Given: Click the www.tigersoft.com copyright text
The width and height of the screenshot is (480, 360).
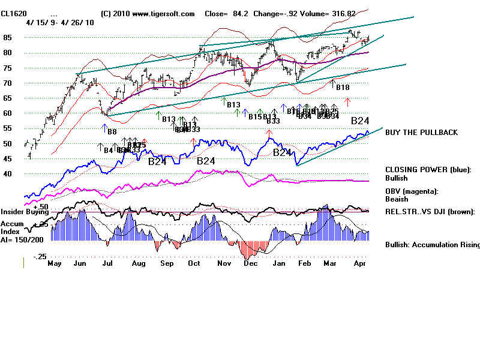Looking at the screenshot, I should click(148, 13).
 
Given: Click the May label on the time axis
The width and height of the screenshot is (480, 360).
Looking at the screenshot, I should click(55, 263).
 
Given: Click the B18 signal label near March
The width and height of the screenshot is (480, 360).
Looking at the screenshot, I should click(342, 88).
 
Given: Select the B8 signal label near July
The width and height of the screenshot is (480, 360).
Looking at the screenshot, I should click(112, 131).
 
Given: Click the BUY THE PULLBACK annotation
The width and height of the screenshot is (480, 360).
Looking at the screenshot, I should click(421, 132).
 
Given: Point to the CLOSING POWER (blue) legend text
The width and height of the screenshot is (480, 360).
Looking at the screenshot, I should click(428, 170).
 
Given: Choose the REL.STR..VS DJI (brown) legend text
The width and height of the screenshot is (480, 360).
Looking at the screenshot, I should click(430, 211).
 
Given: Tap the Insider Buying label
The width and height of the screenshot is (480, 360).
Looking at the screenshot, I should click(24, 212).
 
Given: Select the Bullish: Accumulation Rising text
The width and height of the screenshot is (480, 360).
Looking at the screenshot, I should click(432, 245).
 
